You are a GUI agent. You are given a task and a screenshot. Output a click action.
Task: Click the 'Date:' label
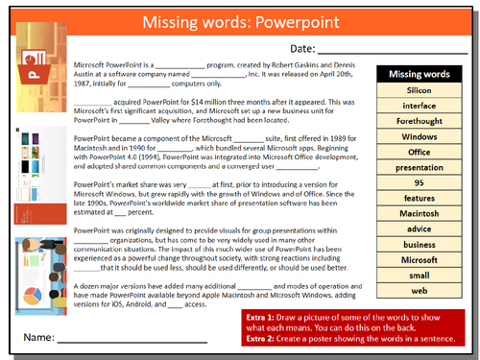click(302, 48)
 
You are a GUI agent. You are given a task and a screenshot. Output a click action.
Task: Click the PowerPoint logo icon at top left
click(34, 73)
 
